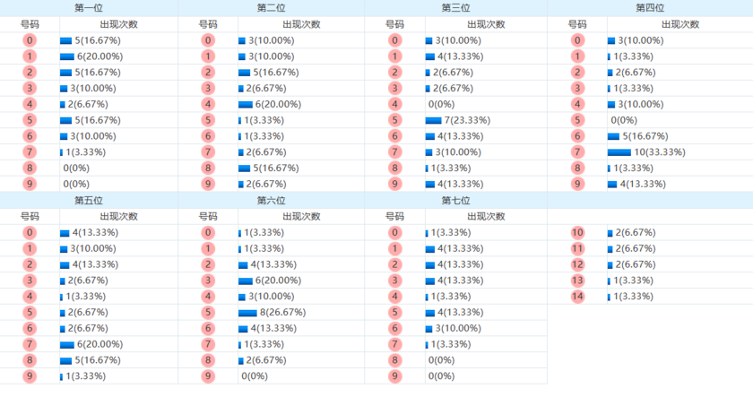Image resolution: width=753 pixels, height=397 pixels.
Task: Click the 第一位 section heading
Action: pos(89,8)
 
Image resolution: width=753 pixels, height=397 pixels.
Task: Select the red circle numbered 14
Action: pos(577,297)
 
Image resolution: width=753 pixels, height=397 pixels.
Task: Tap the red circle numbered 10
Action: pos(577,232)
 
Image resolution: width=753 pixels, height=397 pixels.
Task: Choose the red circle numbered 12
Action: pos(577,264)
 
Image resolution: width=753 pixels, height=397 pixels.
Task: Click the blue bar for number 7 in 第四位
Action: pos(619,152)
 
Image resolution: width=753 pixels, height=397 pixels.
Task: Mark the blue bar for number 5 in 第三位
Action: pos(433,120)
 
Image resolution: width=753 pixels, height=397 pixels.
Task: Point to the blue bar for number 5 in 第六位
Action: pos(248,313)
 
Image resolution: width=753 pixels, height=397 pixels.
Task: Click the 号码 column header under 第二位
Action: pos(208,24)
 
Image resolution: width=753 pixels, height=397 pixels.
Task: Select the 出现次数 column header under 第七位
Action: pos(483,216)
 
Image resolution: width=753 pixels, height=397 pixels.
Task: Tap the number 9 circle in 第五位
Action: pos(30,376)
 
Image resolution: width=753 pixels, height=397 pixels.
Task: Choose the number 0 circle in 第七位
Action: pos(394,232)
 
